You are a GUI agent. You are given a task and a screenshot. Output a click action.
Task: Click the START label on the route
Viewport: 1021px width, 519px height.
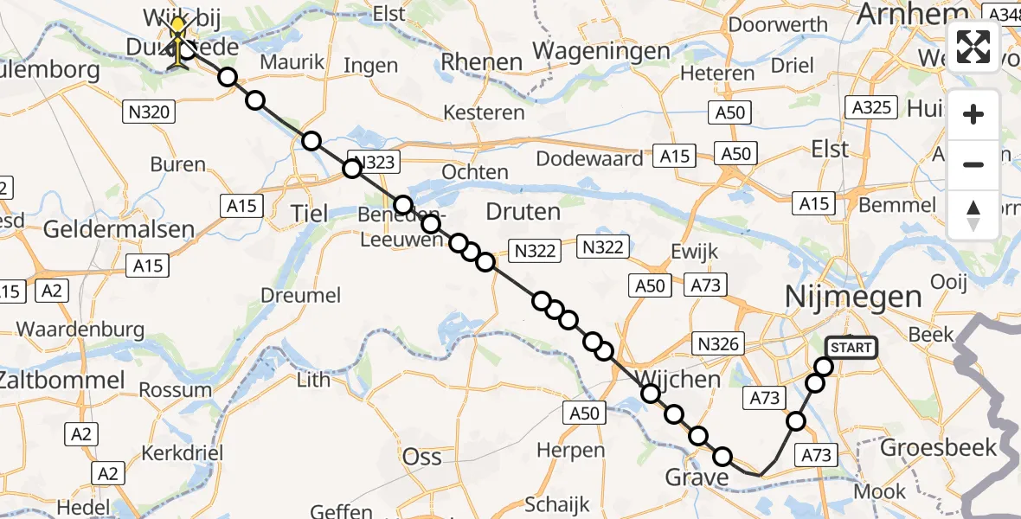(851, 348)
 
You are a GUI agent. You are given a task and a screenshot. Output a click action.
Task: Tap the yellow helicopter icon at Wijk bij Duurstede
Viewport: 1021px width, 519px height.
(178, 42)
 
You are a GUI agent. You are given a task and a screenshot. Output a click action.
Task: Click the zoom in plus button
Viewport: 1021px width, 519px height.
(973, 114)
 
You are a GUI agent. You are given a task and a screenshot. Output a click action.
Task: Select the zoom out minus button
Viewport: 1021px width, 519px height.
(973, 164)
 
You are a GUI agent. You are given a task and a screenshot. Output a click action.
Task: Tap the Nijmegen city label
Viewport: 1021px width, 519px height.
(852, 298)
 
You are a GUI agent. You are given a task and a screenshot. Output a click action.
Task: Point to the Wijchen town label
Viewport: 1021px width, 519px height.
(678, 379)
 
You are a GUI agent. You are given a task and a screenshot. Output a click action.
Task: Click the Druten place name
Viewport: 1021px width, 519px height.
(523, 211)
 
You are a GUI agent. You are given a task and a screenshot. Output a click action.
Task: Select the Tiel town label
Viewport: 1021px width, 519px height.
(309, 213)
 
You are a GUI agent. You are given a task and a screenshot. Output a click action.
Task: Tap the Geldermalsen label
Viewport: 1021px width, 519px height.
(119, 229)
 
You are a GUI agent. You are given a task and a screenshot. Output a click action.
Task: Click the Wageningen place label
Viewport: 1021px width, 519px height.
(602, 51)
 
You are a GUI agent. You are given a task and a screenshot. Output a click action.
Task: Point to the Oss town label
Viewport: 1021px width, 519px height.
(421, 456)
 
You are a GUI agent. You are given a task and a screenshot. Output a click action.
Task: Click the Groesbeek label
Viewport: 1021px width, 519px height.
(938, 447)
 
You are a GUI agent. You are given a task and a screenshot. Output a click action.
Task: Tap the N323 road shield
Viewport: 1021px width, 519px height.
(375, 162)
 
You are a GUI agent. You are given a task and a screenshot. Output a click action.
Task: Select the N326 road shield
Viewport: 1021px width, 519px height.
(717, 344)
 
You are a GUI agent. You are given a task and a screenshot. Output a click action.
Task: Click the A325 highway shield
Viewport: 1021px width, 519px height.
(870, 107)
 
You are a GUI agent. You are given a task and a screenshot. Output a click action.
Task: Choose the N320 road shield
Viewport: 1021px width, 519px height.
(151, 111)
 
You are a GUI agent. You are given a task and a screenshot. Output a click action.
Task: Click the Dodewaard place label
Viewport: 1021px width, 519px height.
(589, 159)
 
